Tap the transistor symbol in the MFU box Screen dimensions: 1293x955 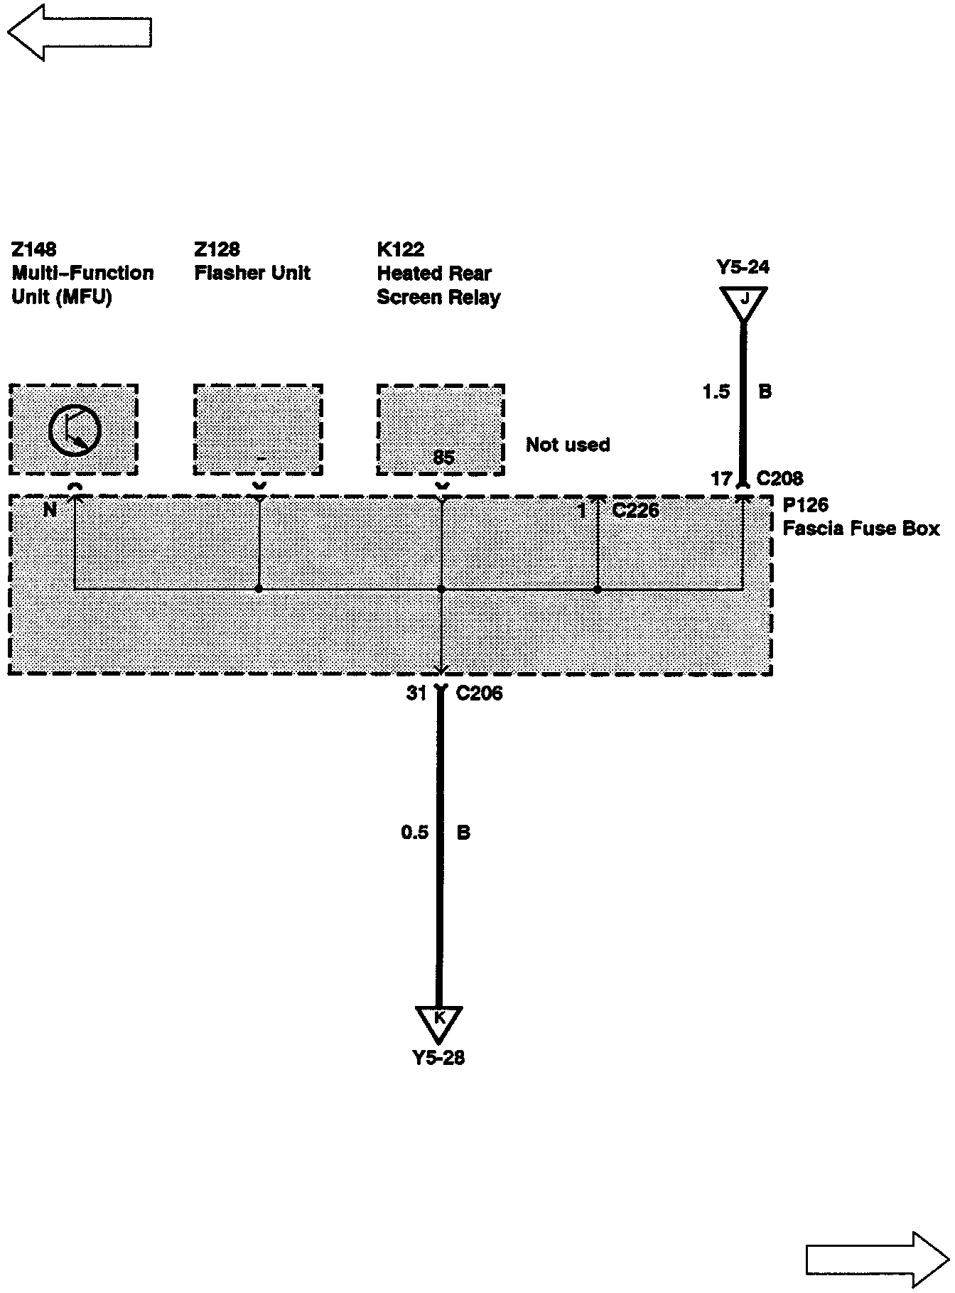(x=75, y=429)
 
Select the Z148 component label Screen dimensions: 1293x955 (x=34, y=249)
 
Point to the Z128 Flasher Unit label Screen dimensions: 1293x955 (x=252, y=261)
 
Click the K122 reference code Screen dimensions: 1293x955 (x=400, y=249)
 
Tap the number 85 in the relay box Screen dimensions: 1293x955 (x=443, y=458)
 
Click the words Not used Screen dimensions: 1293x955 (x=568, y=445)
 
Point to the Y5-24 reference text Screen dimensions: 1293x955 (x=743, y=268)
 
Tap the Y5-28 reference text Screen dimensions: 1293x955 (x=439, y=1058)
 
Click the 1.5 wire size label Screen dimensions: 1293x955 (x=716, y=391)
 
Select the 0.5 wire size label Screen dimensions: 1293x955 (x=414, y=832)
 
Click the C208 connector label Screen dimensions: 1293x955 (x=779, y=479)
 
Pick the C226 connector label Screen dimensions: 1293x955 (x=635, y=510)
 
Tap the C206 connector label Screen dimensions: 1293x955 (x=479, y=693)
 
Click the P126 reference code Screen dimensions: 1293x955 (x=805, y=505)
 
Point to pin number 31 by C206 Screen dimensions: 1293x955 (x=416, y=693)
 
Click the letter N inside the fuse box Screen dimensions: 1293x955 (x=50, y=509)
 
